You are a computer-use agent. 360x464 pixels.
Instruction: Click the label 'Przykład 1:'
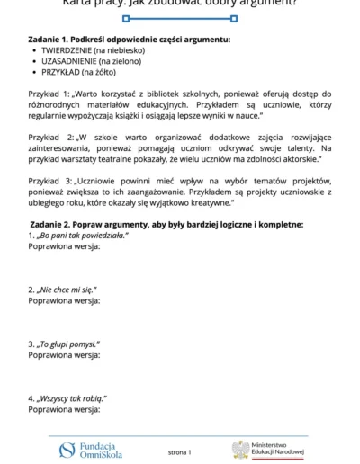pyautogui.click(x=50, y=94)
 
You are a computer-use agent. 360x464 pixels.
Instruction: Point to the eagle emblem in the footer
pyautogui.click(x=240, y=450)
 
